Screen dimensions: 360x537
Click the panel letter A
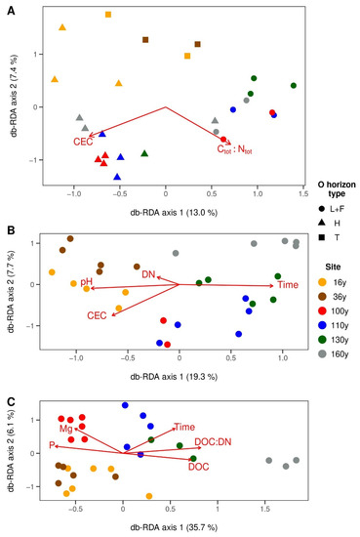(11, 11)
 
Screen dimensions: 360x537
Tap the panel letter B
(11, 230)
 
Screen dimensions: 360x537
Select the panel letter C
(11, 401)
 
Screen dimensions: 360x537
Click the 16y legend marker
(322, 282)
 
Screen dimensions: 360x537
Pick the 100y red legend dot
(322, 310)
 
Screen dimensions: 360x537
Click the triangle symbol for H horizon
(322, 223)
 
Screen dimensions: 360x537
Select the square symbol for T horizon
(322, 237)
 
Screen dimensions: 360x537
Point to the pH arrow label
(87, 282)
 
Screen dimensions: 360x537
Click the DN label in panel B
(148, 274)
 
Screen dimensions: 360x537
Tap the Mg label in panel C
(66, 429)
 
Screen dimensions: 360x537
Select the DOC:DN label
(213, 441)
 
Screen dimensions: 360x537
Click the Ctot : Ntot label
(235, 149)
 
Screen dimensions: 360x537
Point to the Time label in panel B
(288, 284)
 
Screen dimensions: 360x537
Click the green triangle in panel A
(144, 153)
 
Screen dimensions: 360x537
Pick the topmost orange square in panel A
(108, 15)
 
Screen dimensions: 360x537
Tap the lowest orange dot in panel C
(149, 496)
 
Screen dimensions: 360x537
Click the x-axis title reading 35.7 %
(174, 527)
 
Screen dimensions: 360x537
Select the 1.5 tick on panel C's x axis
(265, 509)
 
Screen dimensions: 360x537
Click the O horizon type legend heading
(337, 189)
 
